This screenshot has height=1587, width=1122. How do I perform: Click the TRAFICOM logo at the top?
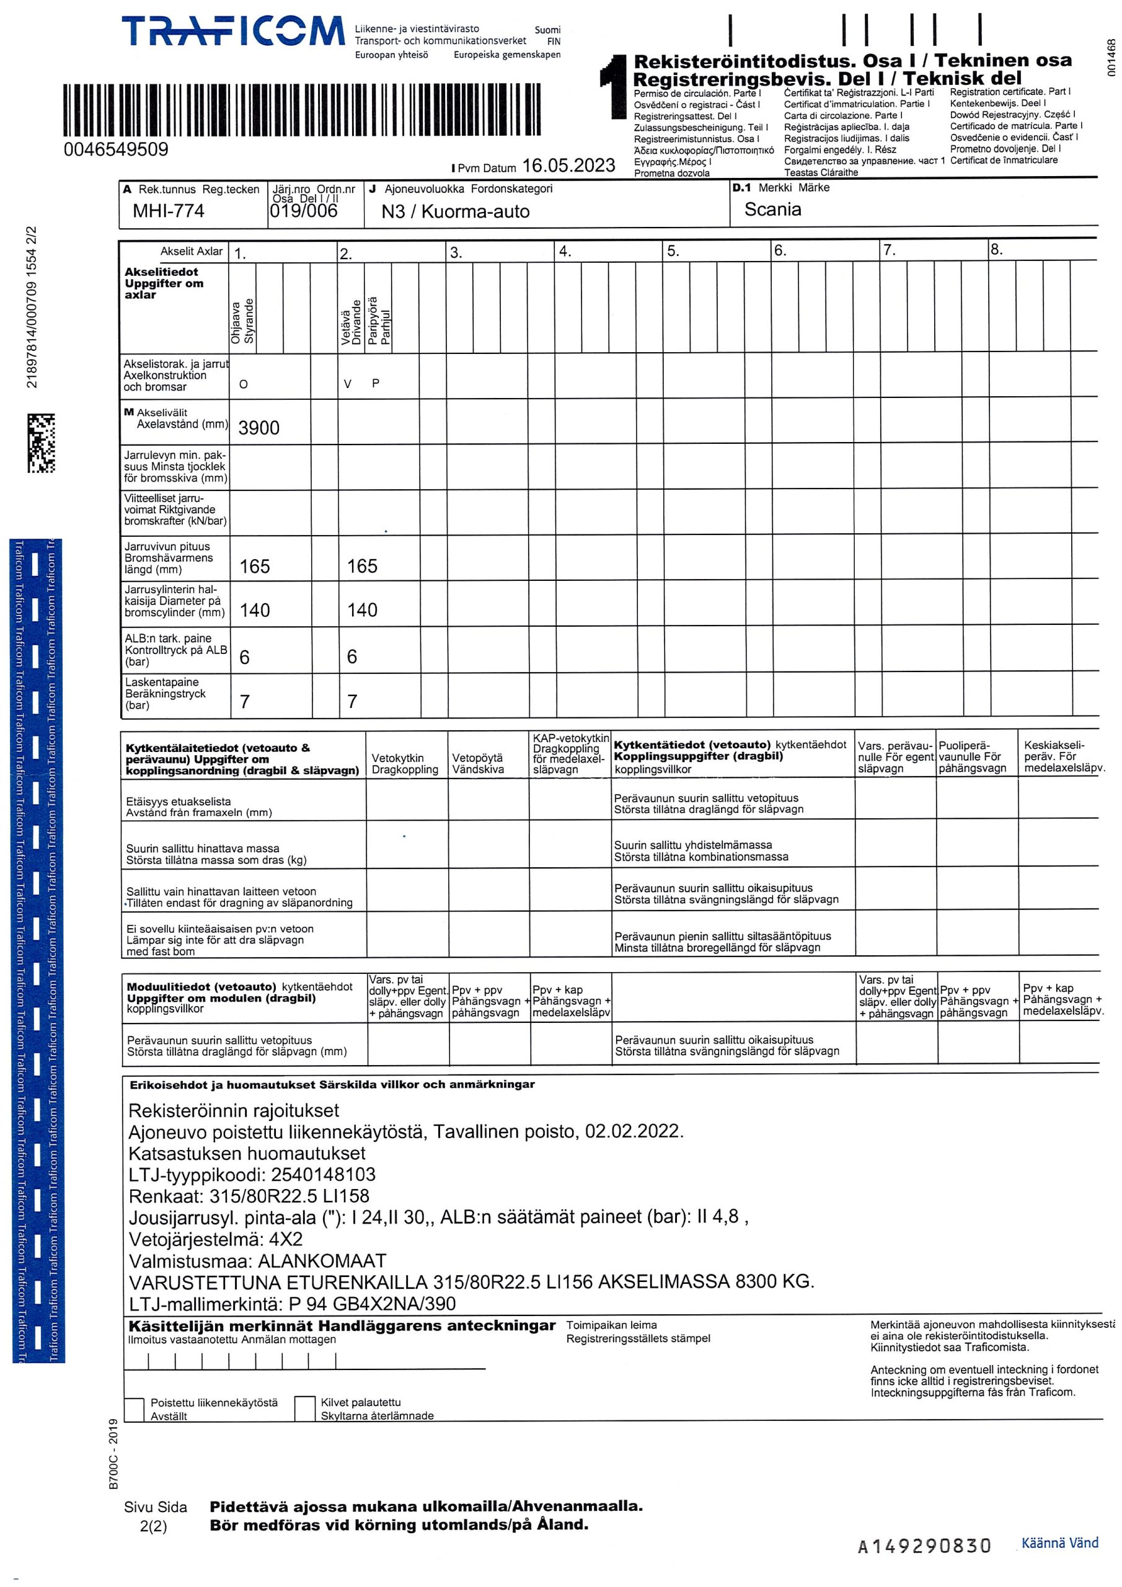(232, 32)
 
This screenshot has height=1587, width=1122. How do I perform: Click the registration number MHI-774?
(168, 211)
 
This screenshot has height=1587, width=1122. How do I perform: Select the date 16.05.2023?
(568, 166)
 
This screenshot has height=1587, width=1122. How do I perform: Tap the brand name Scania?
(772, 210)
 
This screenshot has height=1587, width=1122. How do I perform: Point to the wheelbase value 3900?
(258, 428)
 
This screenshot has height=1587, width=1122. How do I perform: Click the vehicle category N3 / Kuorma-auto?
(455, 211)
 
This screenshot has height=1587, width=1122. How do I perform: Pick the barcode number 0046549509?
(115, 149)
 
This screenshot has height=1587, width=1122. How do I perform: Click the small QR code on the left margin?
(41, 443)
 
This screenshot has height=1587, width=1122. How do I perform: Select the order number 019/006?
(304, 211)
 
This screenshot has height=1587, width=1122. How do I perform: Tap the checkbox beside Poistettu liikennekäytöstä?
(134, 1409)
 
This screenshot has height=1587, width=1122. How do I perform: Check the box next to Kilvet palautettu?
(305, 1408)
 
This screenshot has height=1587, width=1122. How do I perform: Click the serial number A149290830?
(924, 1545)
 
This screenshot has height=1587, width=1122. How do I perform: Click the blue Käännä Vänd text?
(1059, 1543)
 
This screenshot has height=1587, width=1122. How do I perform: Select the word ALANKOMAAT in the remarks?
(322, 1261)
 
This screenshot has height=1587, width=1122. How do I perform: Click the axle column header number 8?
(996, 250)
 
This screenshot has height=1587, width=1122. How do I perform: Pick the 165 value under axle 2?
(361, 566)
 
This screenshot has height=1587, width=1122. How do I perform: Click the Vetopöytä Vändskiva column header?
(478, 763)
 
